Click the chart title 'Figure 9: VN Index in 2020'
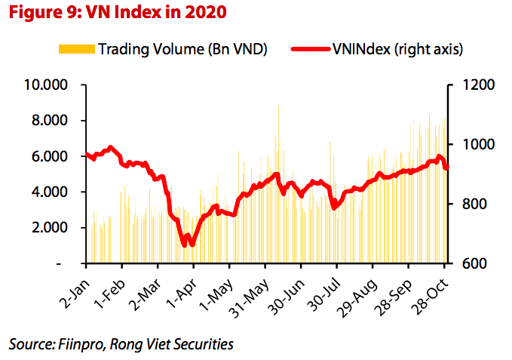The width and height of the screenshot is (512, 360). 117,13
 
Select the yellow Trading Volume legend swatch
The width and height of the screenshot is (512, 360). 76,49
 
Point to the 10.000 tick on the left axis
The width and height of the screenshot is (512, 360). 47,85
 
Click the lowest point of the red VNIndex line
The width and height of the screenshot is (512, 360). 185,245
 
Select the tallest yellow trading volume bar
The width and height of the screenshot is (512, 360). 279,106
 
